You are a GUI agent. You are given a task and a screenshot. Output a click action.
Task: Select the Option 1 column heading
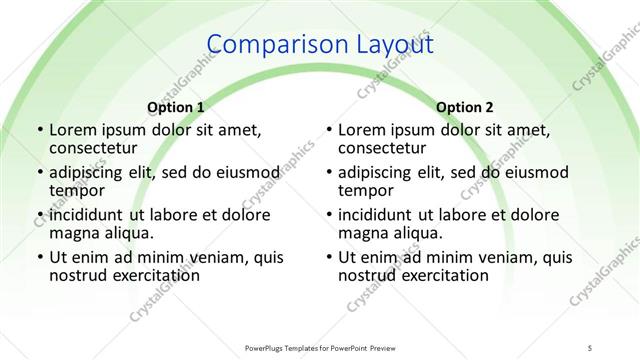coord(176,106)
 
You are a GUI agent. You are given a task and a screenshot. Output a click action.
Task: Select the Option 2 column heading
coord(464,106)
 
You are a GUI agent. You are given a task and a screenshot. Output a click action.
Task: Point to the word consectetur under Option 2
coord(385,148)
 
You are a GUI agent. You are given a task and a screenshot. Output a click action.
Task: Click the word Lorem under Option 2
coord(362,130)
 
